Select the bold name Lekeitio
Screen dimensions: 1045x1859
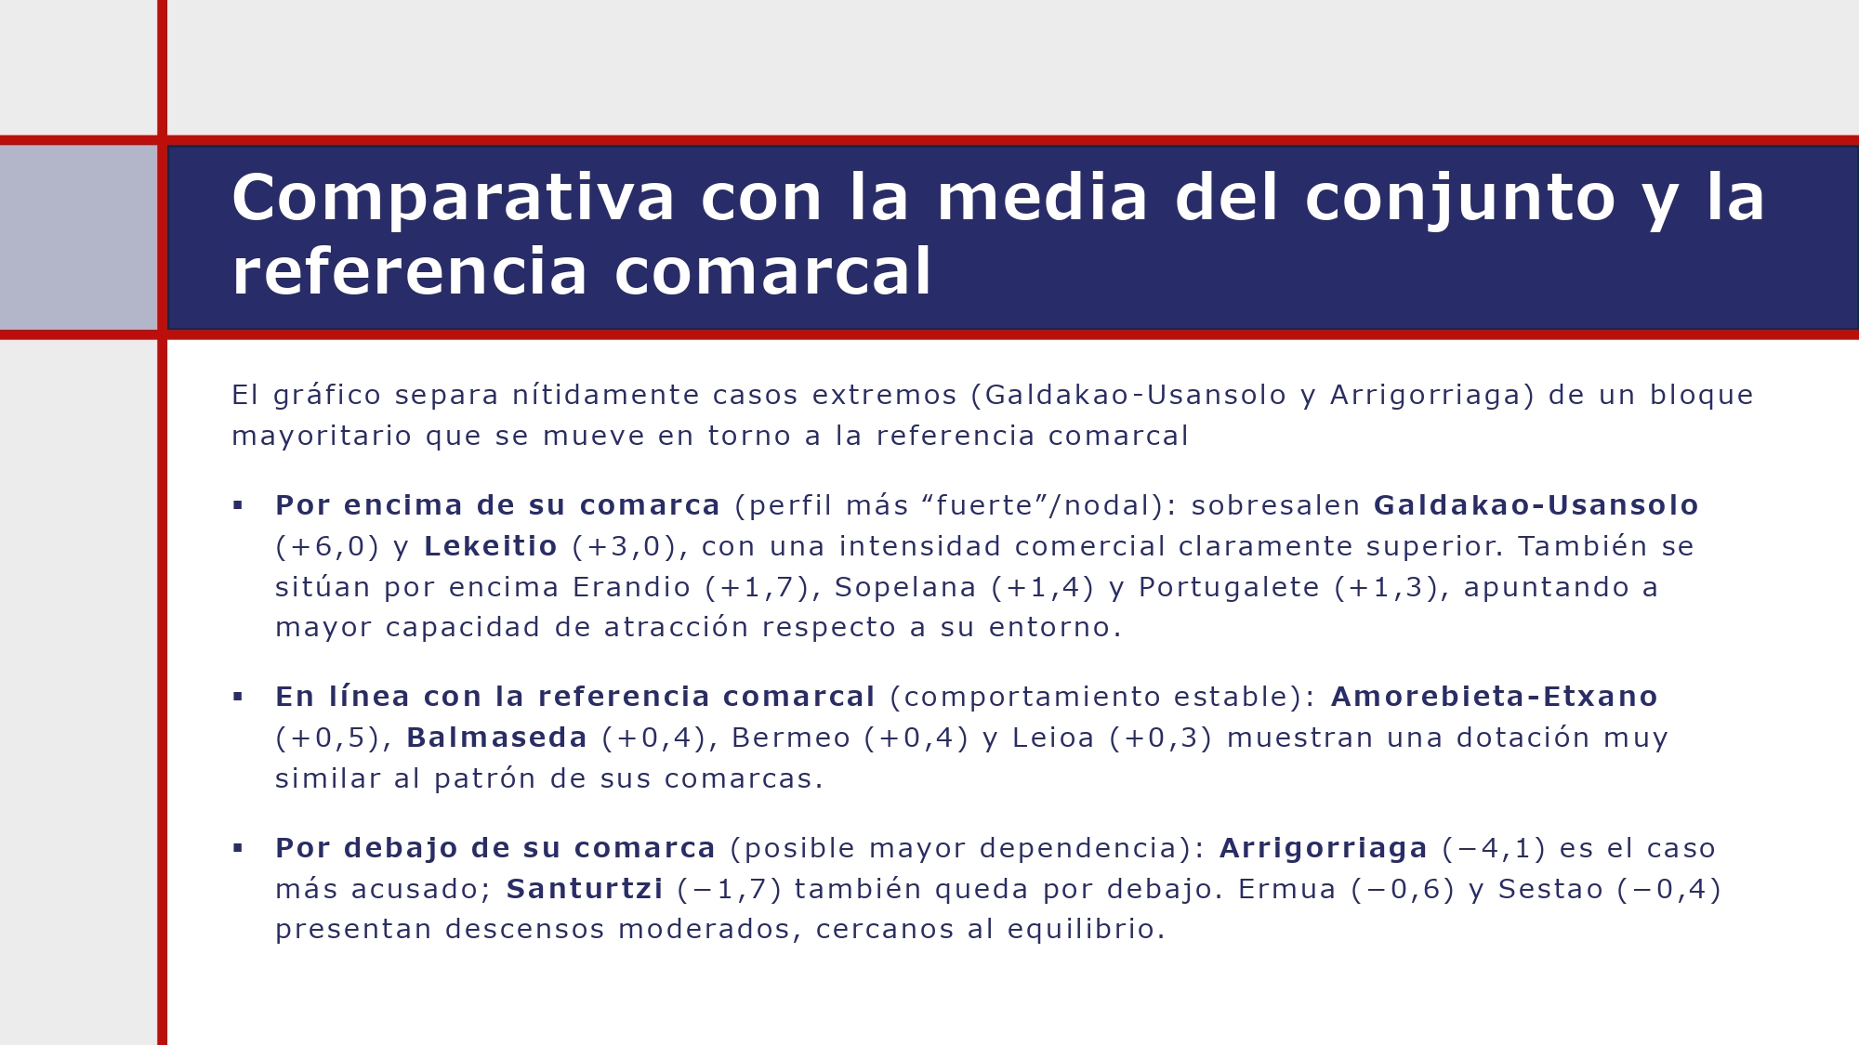[490, 546]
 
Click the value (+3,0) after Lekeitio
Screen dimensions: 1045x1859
[624, 546]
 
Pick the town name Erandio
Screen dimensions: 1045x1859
[631, 587]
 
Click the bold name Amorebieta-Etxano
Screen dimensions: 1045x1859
[1494, 697]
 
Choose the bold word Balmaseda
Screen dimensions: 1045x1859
[496, 738]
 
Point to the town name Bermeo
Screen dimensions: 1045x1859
[791, 738]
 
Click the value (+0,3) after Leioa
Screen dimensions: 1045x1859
[1161, 738]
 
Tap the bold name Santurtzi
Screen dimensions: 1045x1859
[585, 889]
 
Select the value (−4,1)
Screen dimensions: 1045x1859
[1494, 848]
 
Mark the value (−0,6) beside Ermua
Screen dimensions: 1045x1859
[1403, 889]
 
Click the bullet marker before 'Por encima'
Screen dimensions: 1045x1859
[238, 505]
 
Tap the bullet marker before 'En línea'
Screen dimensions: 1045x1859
[238, 697]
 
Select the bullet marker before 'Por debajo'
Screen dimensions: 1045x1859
[238, 848]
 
